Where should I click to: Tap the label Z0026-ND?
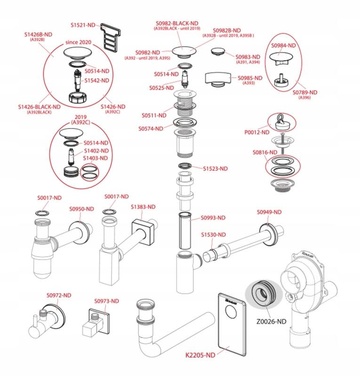pos(269,321)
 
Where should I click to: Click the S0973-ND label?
pos(106,301)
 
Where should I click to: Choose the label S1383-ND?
pos(143,207)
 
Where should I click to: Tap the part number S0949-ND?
pos(269,212)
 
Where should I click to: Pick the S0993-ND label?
pos(213,218)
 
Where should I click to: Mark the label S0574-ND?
pos(151,128)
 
